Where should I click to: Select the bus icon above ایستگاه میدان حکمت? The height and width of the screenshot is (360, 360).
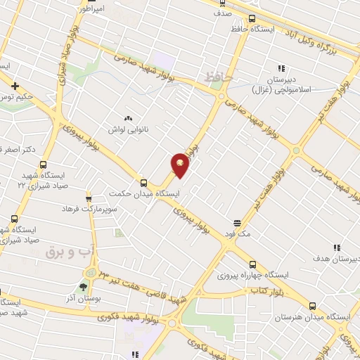(143, 181)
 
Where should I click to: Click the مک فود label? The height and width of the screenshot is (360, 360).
(236, 233)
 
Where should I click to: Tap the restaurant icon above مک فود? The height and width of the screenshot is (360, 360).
(236, 222)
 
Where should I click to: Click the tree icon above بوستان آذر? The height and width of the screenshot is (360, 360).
(84, 287)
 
